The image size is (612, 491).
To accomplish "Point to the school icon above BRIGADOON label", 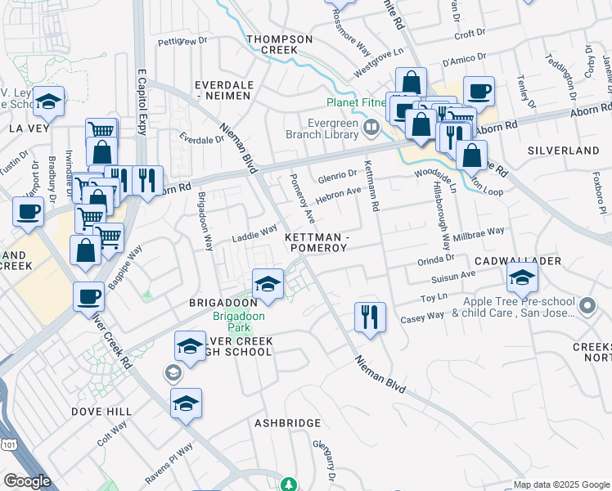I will (x=268, y=283).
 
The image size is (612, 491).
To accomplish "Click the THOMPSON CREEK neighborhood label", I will (x=280, y=44).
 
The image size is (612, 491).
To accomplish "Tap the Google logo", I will (x=26, y=481).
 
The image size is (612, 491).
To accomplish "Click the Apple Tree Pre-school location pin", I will (x=587, y=307).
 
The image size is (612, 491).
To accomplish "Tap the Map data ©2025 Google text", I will (x=560, y=484).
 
